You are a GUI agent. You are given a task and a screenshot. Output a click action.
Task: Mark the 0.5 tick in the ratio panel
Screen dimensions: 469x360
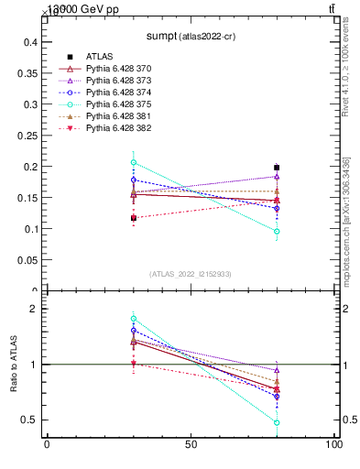click(x=29, y=420)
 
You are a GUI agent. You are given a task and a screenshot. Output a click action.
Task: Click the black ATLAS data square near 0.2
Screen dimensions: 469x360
click(x=277, y=168)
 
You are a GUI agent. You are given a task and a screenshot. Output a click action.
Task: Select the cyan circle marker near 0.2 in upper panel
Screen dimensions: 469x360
click(x=134, y=162)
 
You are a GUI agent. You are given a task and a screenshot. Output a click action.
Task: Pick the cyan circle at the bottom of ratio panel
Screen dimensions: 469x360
click(x=277, y=422)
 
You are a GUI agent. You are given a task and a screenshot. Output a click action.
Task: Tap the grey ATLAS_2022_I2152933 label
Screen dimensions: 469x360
click(x=191, y=275)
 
